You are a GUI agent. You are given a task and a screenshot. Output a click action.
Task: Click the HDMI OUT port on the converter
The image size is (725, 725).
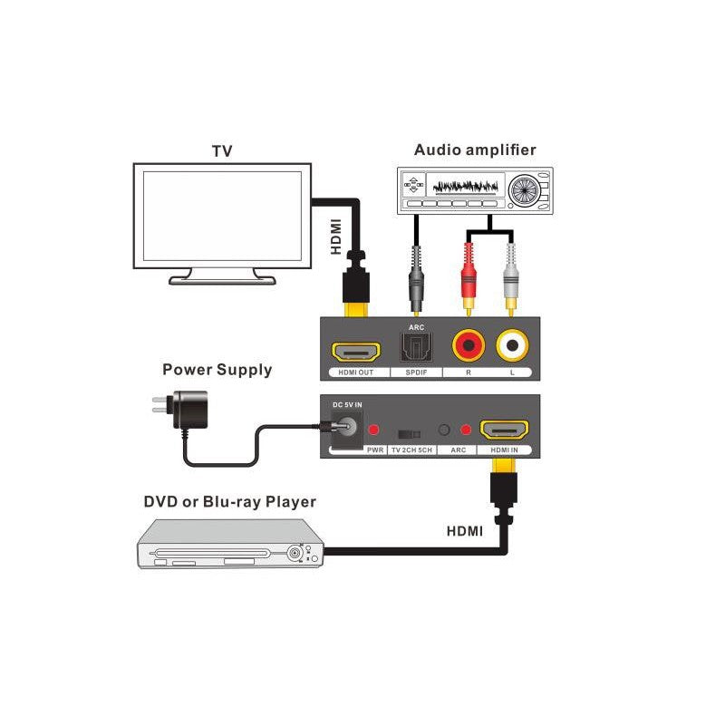[x=353, y=349]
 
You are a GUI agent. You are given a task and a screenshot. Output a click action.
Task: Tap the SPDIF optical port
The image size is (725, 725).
[x=417, y=346]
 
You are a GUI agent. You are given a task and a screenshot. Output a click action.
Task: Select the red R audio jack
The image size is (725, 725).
[x=469, y=344]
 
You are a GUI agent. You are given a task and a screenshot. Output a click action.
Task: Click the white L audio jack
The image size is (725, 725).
[x=512, y=344]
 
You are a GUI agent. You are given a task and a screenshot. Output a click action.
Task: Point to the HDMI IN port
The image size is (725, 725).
[x=504, y=430]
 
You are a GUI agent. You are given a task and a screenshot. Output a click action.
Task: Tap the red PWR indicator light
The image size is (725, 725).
[x=372, y=430]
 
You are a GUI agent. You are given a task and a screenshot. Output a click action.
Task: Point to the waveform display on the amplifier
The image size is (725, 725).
[x=466, y=187]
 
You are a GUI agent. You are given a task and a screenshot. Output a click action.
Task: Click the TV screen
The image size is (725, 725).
[x=223, y=215]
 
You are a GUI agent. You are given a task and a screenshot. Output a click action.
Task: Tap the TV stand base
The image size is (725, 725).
[x=223, y=278]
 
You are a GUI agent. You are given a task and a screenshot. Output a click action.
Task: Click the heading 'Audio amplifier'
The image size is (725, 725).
[x=475, y=150]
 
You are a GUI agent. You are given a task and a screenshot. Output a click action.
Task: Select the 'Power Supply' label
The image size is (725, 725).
[x=217, y=369]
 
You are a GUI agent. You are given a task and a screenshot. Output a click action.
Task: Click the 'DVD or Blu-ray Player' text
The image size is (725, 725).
[x=230, y=501]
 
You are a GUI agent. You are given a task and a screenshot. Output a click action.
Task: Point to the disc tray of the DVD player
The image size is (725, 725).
[x=214, y=552]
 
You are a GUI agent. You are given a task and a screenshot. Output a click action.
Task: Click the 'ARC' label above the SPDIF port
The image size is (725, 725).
[x=417, y=327]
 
